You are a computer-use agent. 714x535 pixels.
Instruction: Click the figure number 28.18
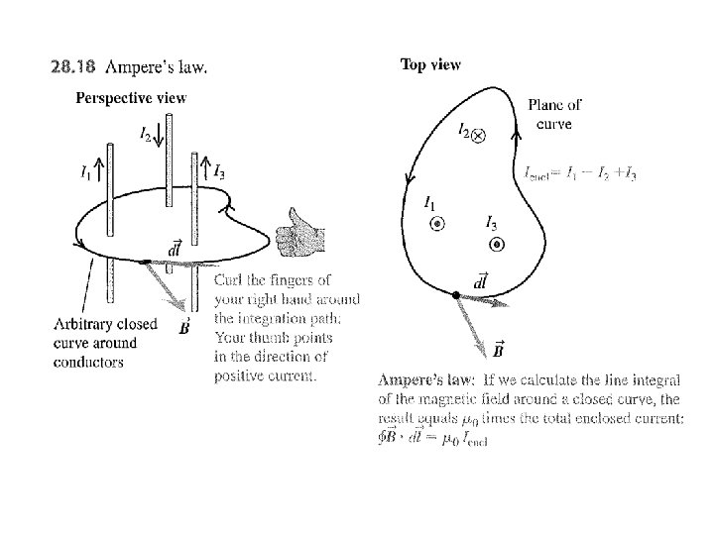(x=73, y=68)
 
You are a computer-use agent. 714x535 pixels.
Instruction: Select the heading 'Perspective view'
(x=131, y=97)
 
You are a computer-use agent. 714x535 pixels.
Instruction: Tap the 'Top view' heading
(x=430, y=64)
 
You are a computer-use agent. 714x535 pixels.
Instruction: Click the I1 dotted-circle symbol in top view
(x=436, y=225)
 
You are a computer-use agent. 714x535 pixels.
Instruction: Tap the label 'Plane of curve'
(x=554, y=112)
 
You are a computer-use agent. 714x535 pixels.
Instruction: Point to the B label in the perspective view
(x=184, y=327)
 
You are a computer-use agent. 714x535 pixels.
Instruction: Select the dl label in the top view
(x=481, y=282)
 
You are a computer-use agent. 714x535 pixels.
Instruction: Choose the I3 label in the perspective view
(x=218, y=171)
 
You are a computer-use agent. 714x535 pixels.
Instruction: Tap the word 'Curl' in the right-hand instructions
(x=231, y=281)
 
